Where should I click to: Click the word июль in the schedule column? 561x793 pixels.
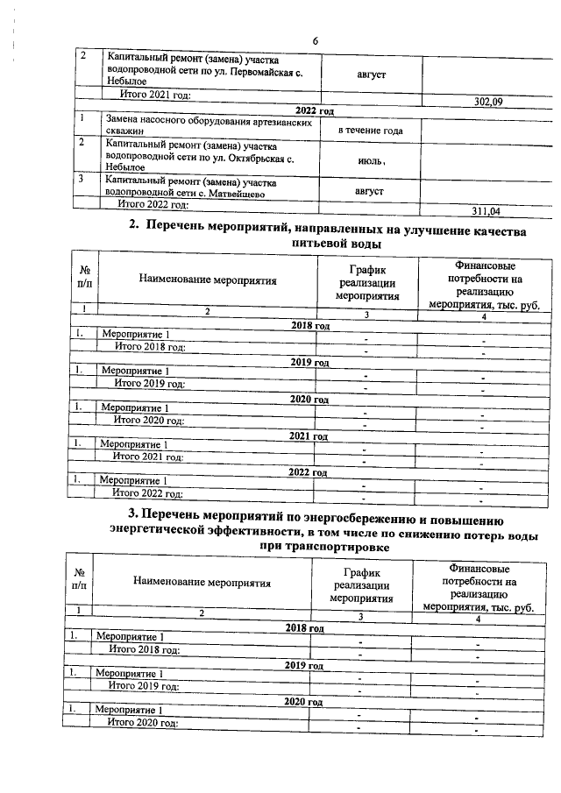point(367,161)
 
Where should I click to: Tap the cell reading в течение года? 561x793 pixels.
point(371,131)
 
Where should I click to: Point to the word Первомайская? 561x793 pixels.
point(258,73)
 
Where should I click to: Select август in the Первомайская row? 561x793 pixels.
point(369,74)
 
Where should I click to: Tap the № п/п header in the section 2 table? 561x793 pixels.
point(84,280)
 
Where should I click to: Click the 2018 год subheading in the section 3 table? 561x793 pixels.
point(304,628)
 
